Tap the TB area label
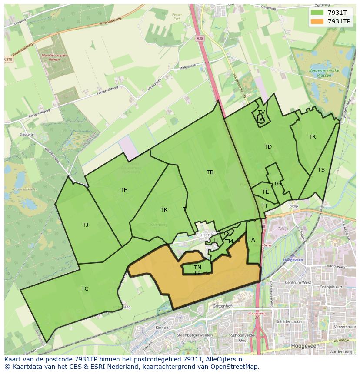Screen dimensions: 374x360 [210, 172]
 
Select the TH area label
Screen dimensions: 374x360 [124, 190]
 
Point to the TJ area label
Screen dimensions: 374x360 [85, 225]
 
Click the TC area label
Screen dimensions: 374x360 [85, 289]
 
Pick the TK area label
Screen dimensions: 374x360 [164, 210]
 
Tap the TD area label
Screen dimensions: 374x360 [268, 147]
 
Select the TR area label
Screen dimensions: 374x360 [312, 137]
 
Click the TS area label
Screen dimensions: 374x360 [321, 170]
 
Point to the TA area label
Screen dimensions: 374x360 [251, 240]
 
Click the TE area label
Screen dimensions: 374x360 [266, 192]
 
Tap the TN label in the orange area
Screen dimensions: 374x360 [197, 267]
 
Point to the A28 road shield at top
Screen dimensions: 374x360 [200, 39]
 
